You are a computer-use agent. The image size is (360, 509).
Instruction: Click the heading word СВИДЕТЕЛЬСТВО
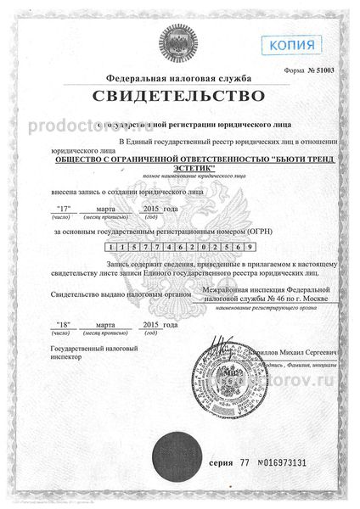pos(179,91)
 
